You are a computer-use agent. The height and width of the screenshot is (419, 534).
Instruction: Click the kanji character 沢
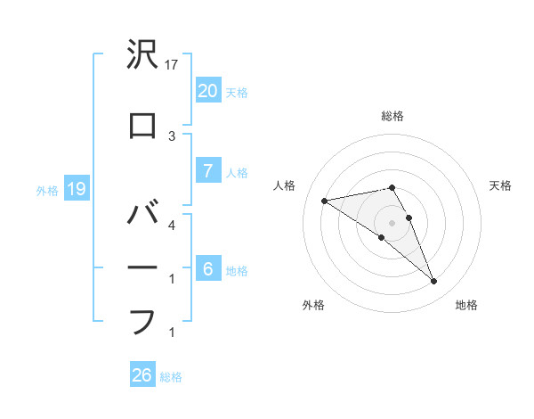pos(142,58)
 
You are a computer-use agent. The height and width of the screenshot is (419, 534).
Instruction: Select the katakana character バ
pos(142,215)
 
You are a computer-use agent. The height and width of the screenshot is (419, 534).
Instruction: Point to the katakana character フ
pos(142,322)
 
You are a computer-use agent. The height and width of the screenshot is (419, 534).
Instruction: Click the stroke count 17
pos(173,65)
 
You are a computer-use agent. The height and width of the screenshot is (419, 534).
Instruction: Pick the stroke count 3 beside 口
pos(173,136)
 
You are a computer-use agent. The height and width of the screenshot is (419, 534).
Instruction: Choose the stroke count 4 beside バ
pos(173,225)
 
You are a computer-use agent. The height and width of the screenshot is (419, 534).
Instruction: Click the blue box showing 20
pos(207,90)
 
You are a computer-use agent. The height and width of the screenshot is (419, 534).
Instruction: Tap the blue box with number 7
pos(207,171)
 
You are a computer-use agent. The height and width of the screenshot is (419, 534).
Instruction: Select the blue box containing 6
pos(207,269)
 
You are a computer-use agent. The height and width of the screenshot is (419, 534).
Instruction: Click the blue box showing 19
pos(76,189)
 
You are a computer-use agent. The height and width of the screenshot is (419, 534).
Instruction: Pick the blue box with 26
pos(142,375)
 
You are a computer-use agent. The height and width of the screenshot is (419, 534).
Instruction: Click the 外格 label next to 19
pos(47,190)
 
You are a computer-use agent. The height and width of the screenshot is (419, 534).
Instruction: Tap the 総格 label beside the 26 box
pos(171,376)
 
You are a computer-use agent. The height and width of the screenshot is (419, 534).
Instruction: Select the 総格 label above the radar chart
pos(392,116)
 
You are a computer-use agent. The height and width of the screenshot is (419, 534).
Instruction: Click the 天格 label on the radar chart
pos(500,185)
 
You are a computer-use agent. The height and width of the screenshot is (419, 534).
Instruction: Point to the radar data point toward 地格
pos(434,282)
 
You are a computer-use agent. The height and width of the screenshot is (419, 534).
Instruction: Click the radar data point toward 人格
pos(324,200)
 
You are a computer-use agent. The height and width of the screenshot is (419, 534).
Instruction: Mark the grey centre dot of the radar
pos(392,223)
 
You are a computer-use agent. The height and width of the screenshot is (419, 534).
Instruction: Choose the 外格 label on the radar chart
pos(313,305)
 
